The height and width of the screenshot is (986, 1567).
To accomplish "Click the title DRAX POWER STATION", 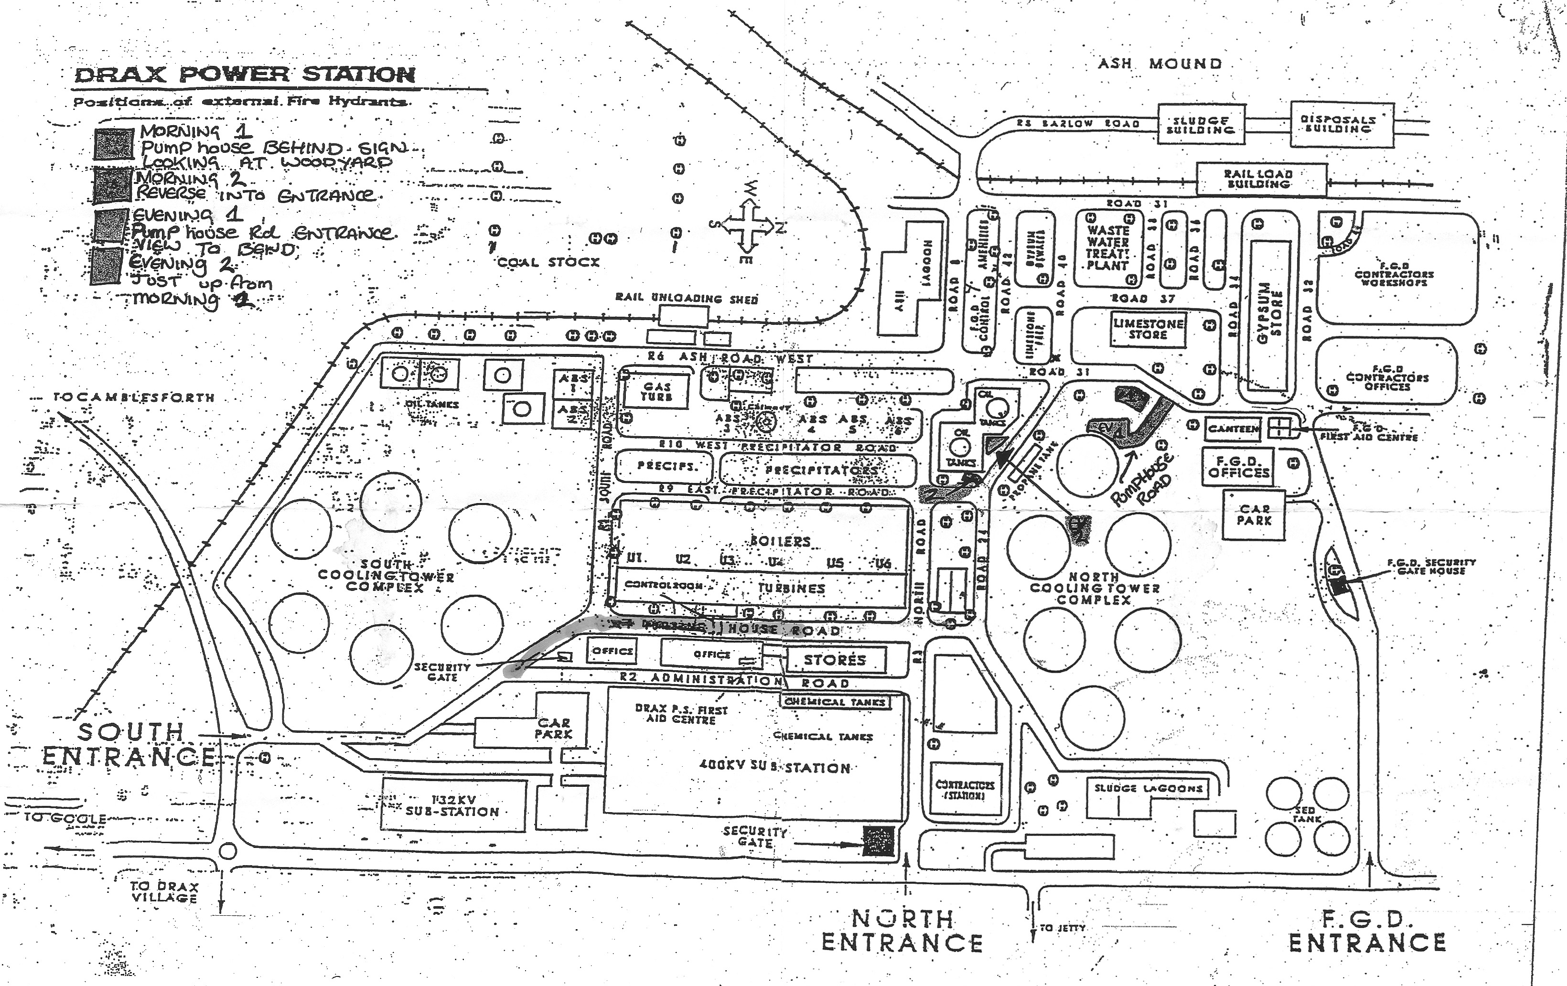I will coord(246,74).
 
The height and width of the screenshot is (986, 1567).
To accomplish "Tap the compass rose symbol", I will coord(746,226).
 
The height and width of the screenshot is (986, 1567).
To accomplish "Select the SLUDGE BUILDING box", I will coord(1201,125).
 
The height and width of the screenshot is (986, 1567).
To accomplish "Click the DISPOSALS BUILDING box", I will coord(1342,124).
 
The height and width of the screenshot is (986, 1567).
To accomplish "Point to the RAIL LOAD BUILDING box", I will coord(1261,179).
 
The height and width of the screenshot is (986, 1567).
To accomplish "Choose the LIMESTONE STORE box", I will coord(1148,329).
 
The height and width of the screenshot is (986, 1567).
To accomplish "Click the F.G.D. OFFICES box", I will coord(1238,467).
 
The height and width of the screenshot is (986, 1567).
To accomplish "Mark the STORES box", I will coord(836,660).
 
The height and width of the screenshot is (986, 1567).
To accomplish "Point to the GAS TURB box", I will coord(655,391).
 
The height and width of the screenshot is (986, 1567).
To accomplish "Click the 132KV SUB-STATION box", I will coord(453,806).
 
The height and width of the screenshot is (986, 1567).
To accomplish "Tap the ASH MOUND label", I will coord(1159,64).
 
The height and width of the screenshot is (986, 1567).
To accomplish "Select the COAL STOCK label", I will coord(548,262).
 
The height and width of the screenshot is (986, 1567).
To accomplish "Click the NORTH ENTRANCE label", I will coord(902,931).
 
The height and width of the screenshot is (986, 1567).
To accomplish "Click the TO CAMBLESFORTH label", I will coord(133,397).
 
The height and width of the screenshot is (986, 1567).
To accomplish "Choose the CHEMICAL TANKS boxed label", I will coord(836,702).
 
